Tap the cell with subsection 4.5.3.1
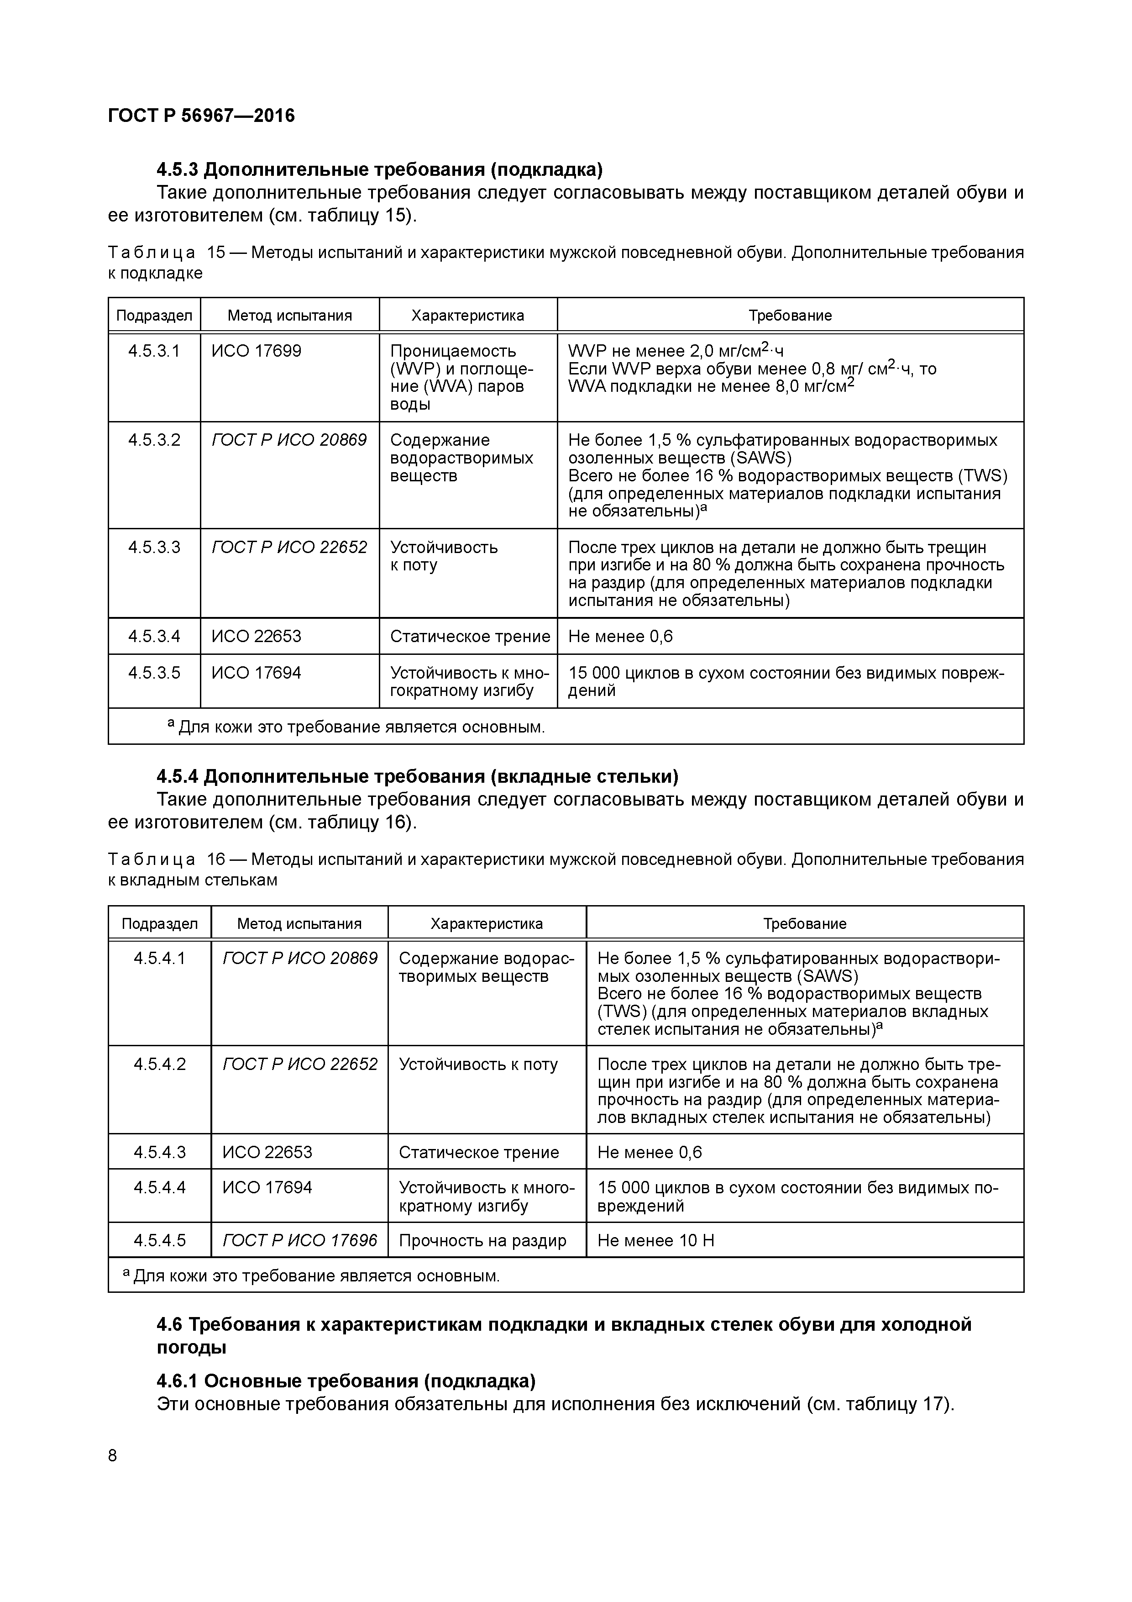154,351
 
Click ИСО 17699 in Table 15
257,351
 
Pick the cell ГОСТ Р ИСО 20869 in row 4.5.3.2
289,440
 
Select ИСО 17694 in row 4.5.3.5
257,673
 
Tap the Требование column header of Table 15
790,316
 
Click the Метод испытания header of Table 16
299,924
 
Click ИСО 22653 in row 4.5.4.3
267,1152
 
